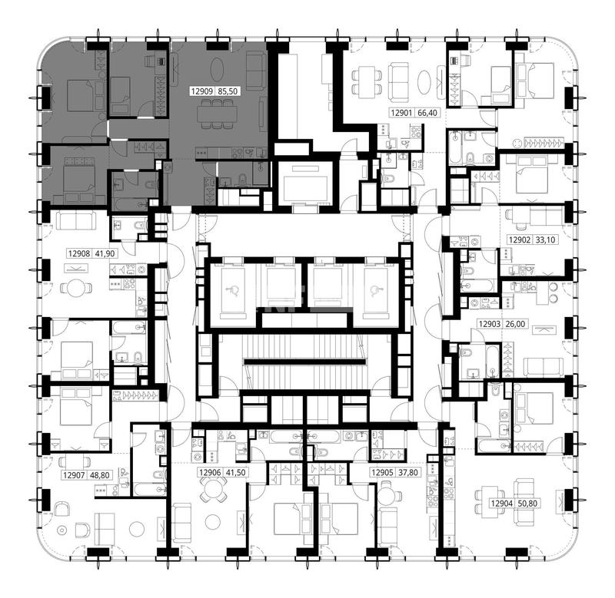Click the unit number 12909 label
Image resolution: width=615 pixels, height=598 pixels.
point(202,91)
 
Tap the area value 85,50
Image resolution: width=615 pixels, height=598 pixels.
point(228,91)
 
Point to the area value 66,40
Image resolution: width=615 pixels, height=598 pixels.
point(427,113)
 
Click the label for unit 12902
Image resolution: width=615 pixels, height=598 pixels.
point(520,240)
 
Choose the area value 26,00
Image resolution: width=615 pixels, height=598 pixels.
point(515,324)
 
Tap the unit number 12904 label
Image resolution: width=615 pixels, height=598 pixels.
point(502,504)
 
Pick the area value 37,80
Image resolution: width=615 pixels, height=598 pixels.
point(408,473)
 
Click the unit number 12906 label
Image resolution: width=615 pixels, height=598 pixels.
point(210,473)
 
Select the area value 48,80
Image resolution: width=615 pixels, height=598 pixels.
point(100,475)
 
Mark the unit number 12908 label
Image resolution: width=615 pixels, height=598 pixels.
point(79,254)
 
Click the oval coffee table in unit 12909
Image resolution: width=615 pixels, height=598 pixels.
point(218,70)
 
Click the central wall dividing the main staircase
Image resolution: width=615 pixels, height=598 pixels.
point(305,362)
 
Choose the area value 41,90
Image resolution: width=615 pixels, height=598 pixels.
point(105,254)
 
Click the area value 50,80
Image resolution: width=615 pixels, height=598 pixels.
point(527,504)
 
